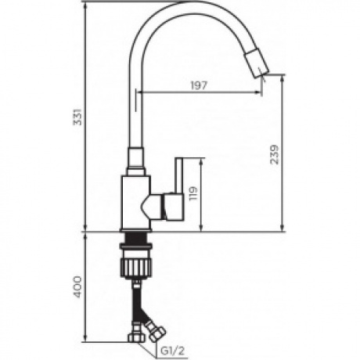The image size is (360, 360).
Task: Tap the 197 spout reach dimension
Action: click(199, 85)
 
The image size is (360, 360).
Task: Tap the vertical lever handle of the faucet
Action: click(178, 188)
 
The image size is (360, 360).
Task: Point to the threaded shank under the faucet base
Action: click(135, 239)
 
